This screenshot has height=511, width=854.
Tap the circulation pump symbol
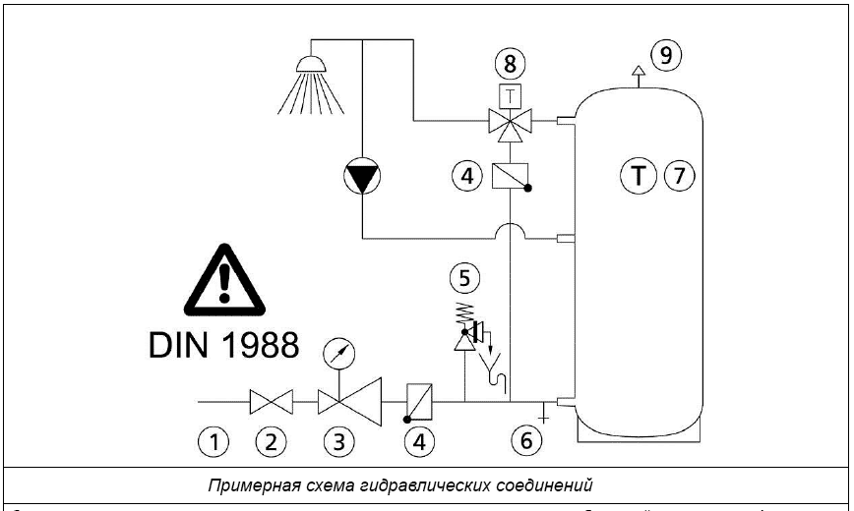[361, 178]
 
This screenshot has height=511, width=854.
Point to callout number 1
[213, 442]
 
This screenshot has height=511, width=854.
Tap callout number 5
[467, 278]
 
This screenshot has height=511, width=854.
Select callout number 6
[525, 441]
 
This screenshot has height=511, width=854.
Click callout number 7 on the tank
[679, 176]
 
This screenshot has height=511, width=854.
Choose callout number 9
[666, 55]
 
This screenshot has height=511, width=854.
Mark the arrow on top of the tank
[638, 70]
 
